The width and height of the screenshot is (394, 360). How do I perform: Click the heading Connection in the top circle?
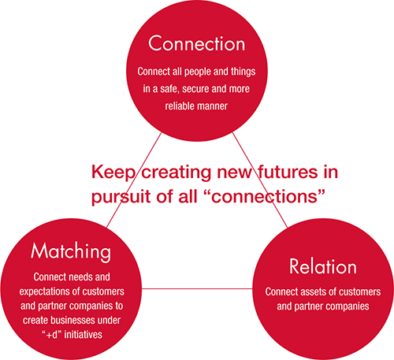pos(196,43)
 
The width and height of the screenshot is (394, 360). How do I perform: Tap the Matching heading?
pos(71,251)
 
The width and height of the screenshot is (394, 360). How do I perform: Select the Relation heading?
pos(323,266)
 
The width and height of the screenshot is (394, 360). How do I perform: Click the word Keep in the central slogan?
pos(113,173)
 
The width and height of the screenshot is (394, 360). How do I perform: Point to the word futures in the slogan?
pos(288,172)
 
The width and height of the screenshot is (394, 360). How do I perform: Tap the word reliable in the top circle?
pos(179,106)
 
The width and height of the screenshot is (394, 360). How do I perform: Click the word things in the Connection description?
pos(243,72)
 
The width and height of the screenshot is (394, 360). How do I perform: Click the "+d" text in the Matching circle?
pos(51,335)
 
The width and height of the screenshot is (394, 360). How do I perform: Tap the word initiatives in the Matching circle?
pos(83,335)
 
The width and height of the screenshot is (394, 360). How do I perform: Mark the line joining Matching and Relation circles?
pos(197,289)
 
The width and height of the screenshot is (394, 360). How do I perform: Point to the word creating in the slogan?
pos(177,173)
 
